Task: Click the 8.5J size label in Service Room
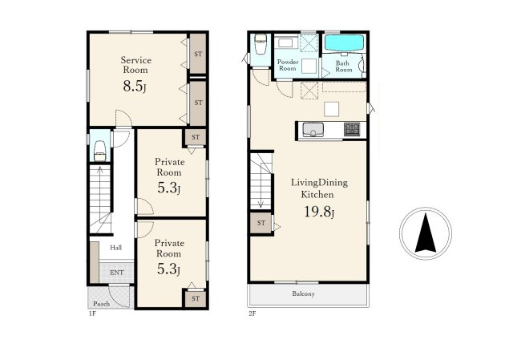[135, 87]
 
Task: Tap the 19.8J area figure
[319, 212]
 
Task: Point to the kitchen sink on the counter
[313, 130]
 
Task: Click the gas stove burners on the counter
[352, 129]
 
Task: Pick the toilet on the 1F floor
[99, 151]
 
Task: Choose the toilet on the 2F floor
[261, 44]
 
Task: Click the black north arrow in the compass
[426, 233]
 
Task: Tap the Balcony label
[303, 294]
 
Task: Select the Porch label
[102, 304]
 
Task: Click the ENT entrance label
[117, 273]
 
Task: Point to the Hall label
[115, 248]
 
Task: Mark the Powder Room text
[288, 65]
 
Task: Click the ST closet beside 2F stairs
[261, 223]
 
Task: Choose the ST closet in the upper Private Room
[196, 137]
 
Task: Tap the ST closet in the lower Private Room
[196, 298]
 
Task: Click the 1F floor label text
[92, 313]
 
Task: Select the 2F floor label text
[252, 313]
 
